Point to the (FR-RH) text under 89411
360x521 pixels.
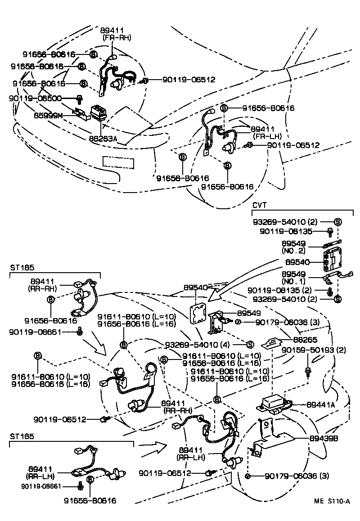[x=117, y=38]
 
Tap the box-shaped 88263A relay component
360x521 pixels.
[x=98, y=113]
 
